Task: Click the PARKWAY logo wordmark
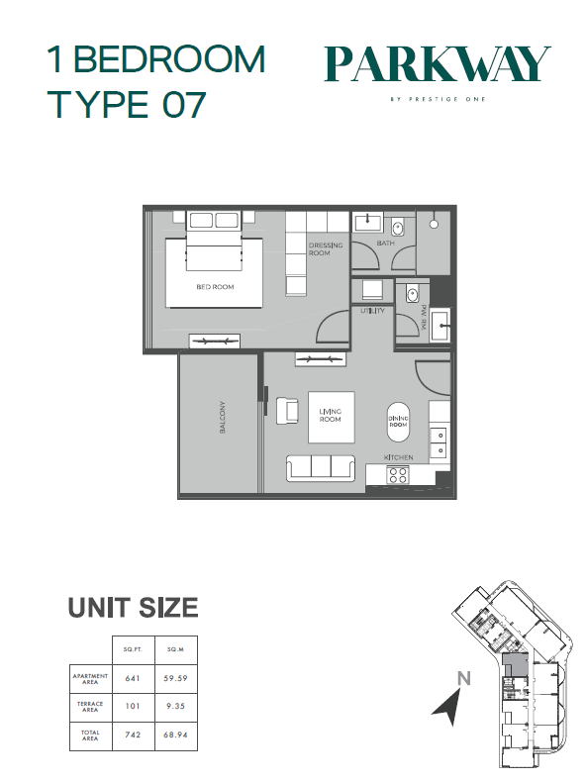coord(438,64)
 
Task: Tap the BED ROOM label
coord(215,287)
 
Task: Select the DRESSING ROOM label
coord(326,249)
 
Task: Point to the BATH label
coord(385,244)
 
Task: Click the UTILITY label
coord(372,311)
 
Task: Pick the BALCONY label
coord(223,417)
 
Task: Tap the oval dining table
coord(398,422)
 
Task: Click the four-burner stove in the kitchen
coord(398,474)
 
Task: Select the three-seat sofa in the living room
coord(321,468)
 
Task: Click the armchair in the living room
coord(287,411)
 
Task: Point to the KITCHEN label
coord(398,457)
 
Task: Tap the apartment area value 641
coord(133,678)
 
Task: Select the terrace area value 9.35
coord(175,706)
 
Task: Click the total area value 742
coord(133,734)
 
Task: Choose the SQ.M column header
coord(175,649)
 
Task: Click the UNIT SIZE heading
coord(134,608)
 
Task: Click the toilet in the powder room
coord(413,294)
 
